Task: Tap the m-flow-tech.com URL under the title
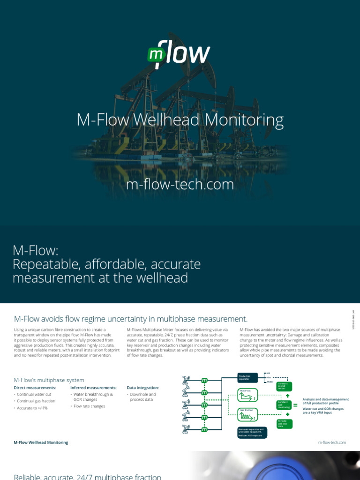(180, 184)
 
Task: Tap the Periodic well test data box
(285, 424)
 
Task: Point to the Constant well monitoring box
(285, 405)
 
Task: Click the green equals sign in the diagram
(295, 405)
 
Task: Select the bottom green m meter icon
(204, 429)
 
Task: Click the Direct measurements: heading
(35, 388)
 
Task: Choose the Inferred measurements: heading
(93, 388)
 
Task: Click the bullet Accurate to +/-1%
(33, 408)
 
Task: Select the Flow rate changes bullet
(90, 406)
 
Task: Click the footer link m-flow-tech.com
(331, 442)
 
